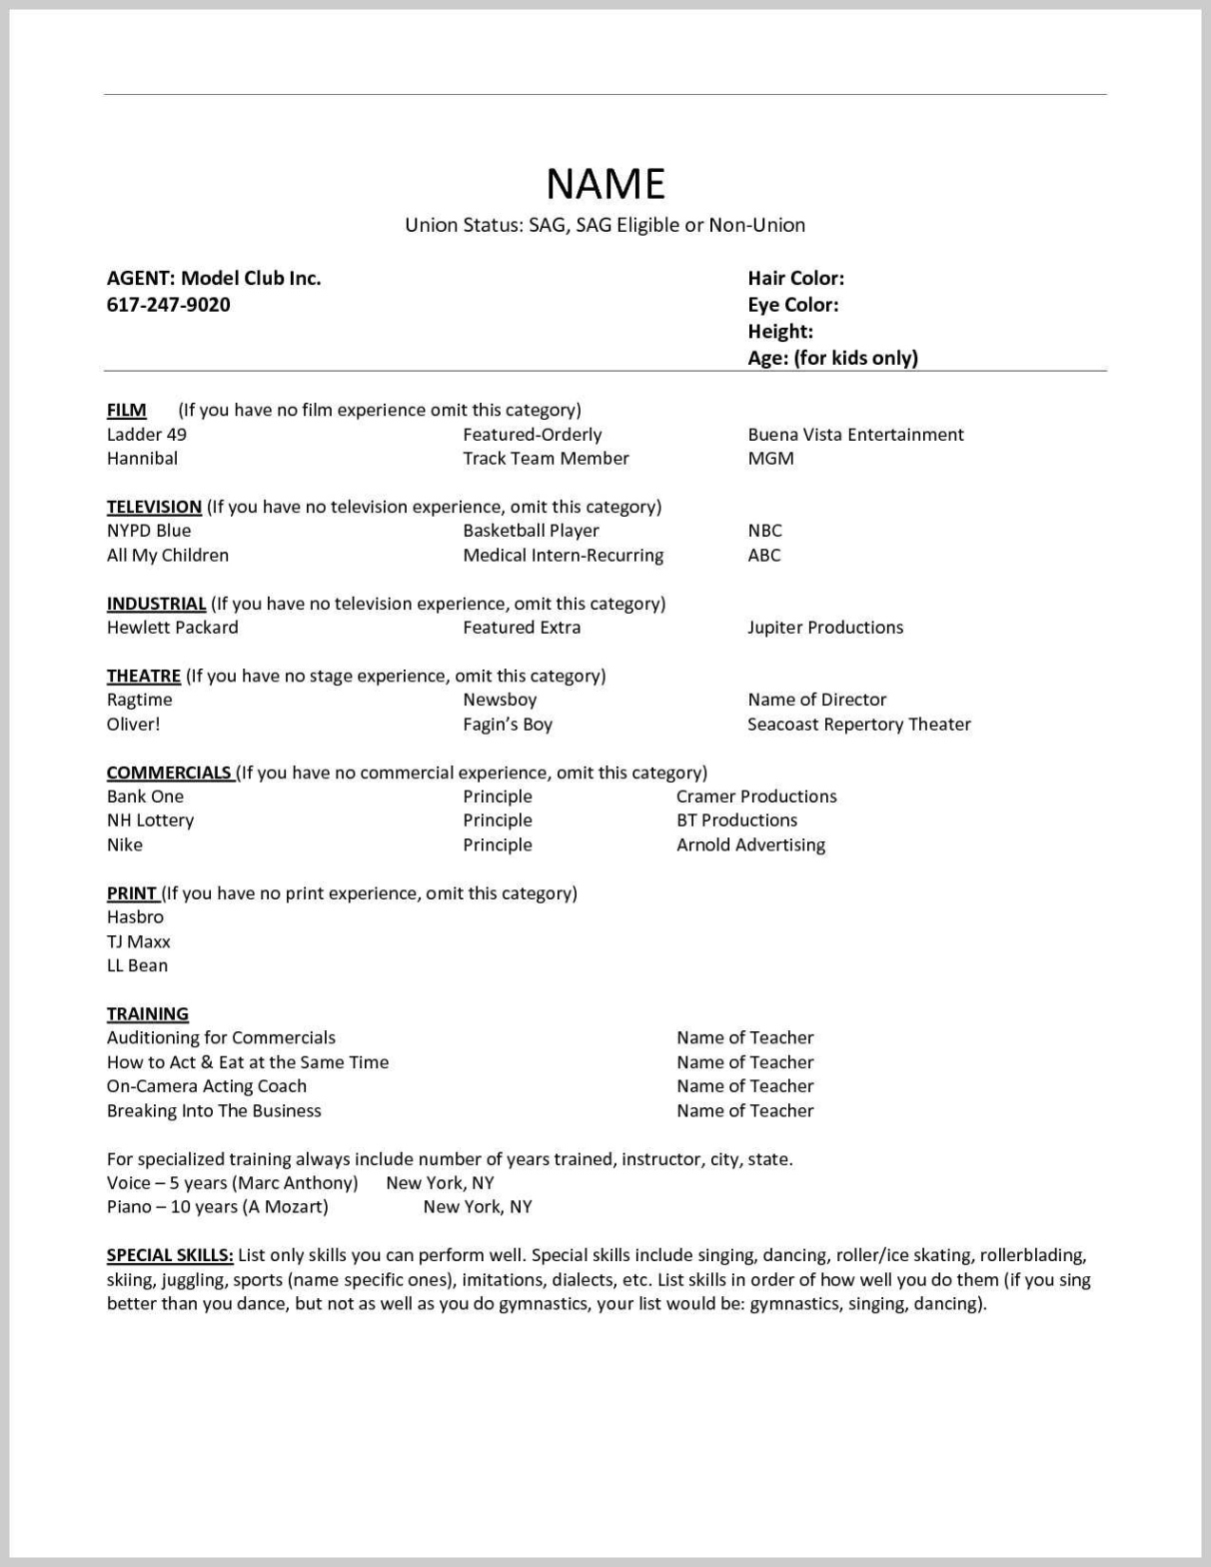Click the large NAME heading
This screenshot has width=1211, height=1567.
tap(605, 184)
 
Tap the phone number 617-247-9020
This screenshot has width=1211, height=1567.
tap(168, 305)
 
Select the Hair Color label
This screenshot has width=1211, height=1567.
tap(795, 279)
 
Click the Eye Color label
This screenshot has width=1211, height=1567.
tap(792, 305)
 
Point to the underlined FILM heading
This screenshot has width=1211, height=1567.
tap(127, 410)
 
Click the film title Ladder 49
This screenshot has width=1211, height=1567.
tap(147, 435)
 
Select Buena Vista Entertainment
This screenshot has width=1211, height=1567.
tap(855, 435)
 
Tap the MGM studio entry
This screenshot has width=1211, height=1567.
tap(770, 459)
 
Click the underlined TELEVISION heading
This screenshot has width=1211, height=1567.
tap(154, 507)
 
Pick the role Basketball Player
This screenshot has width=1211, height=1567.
tap(531, 531)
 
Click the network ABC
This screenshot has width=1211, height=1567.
tap(763, 556)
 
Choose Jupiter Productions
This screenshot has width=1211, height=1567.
tap(825, 628)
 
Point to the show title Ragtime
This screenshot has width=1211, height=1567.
tap(139, 700)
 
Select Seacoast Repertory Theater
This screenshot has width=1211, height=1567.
tap(858, 725)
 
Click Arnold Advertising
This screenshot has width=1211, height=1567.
tap(750, 845)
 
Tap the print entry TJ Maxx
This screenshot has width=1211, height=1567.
tap(139, 941)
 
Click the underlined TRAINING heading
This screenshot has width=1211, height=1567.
tap(148, 1013)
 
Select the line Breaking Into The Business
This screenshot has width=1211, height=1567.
tap(214, 1110)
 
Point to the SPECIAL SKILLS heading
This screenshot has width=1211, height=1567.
tap(170, 1255)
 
